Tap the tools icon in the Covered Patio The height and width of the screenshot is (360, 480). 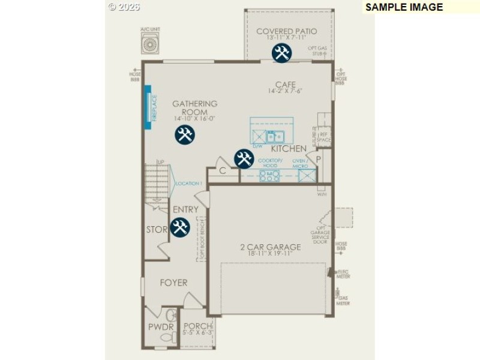[281, 53]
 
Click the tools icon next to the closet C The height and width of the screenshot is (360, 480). [244, 158]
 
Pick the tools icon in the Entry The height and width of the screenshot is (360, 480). [180, 227]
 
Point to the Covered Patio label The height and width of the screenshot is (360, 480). [286, 31]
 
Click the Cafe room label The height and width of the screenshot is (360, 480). [286, 85]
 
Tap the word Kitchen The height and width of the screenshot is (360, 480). [289, 148]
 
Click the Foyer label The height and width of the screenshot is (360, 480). [173, 282]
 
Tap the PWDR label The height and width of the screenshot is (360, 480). [161, 327]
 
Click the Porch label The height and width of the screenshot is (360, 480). [197, 326]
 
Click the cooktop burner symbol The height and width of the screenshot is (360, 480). [269, 176]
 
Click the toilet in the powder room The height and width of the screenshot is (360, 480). [168, 338]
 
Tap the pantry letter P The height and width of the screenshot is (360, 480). [319, 159]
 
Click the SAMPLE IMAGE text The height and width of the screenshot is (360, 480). [404, 7]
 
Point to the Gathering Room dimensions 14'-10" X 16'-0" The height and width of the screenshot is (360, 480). [194, 119]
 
